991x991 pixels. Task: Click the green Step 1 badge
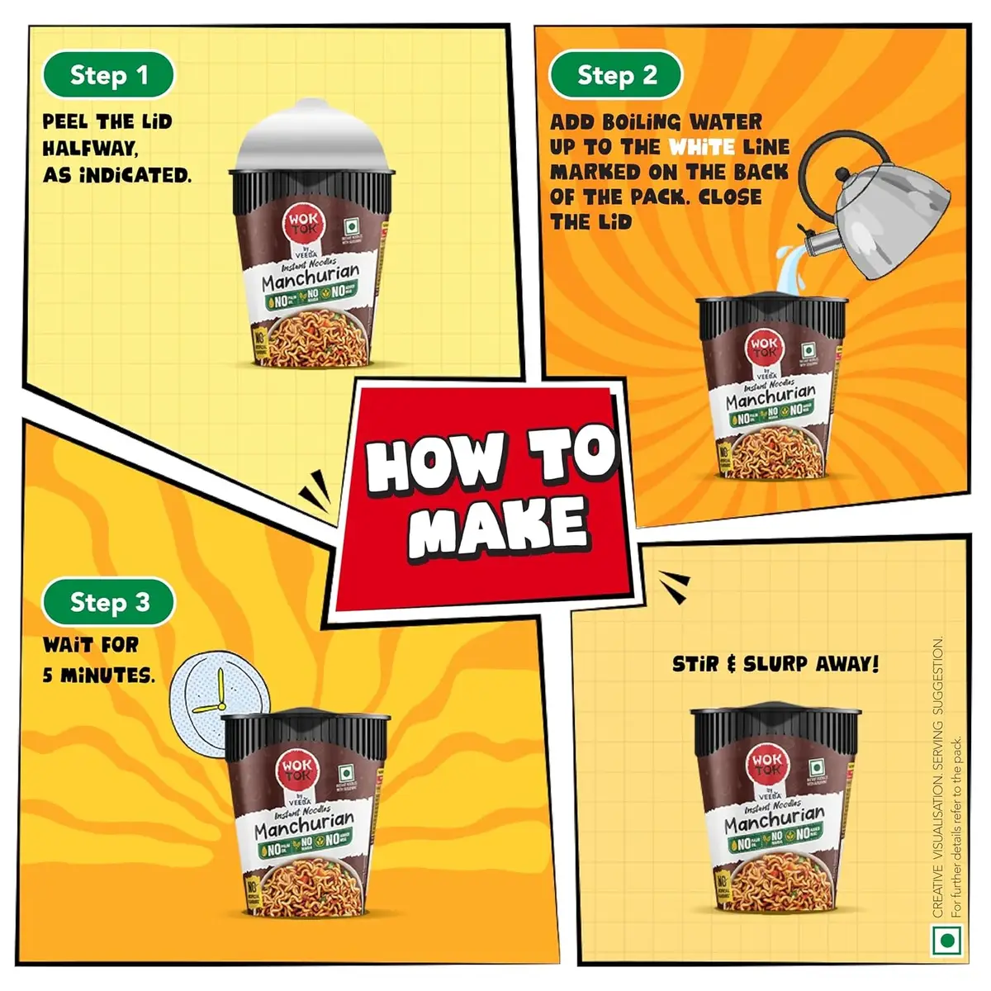tap(108, 75)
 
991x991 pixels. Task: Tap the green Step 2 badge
tap(616, 75)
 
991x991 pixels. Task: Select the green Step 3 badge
tap(108, 602)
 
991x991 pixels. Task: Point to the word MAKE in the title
tap(499, 527)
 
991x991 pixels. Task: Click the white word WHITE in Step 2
tap(701, 147)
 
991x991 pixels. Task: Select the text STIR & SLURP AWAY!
tap(775, 664)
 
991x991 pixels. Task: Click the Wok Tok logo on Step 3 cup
tap(295, 769)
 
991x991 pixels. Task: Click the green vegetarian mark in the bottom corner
tap(947, 941)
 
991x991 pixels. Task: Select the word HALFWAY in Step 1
tap(89, 148)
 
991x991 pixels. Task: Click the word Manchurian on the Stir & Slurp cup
tap(773, 822)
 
